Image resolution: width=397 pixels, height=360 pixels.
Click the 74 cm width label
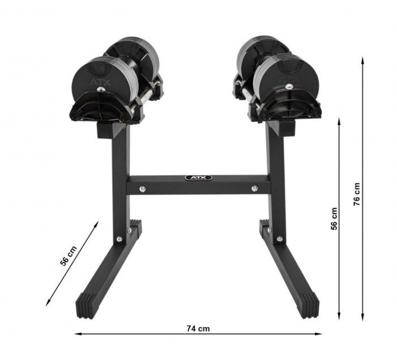click(x=198, y=329)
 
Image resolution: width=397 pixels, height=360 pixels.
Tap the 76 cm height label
click(x=356, y=194)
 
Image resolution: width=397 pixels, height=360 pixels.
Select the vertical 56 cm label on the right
click(x=334, y=218)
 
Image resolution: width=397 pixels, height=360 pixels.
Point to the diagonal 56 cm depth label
click(x=68, y=256)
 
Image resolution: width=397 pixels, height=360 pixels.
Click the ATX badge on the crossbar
click(x=198, y=177)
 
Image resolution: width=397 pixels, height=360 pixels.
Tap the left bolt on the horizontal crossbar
click(x=143, y=189)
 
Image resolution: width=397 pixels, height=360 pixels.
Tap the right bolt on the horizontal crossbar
click(x=254, y=188)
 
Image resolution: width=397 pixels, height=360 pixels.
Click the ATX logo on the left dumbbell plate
click(x=100, y=82)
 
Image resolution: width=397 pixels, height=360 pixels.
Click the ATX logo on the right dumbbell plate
click(x=289, y=80)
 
